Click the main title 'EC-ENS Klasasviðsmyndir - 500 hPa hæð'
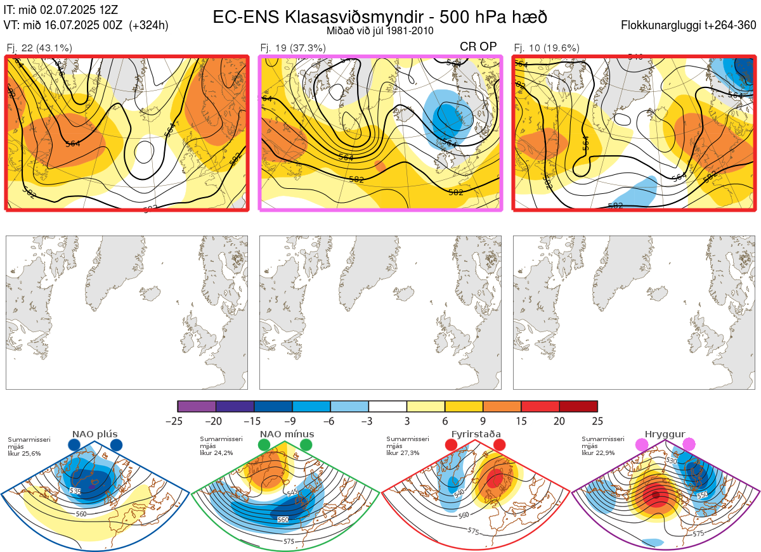click(380, 16)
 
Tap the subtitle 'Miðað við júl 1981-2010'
click(380, 30)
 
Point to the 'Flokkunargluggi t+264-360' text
click(689, 25)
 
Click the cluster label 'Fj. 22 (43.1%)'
click(39, 48)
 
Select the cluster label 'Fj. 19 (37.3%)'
click(293, 48)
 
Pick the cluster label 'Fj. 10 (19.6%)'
click(547, 48)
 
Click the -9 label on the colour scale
click(292, 421)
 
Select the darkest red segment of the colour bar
click(578, 406)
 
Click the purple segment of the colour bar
click(197, 406)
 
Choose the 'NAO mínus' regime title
click(287, 434)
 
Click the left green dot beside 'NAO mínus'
click(264, 446)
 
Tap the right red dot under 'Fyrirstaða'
click(499, 446)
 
